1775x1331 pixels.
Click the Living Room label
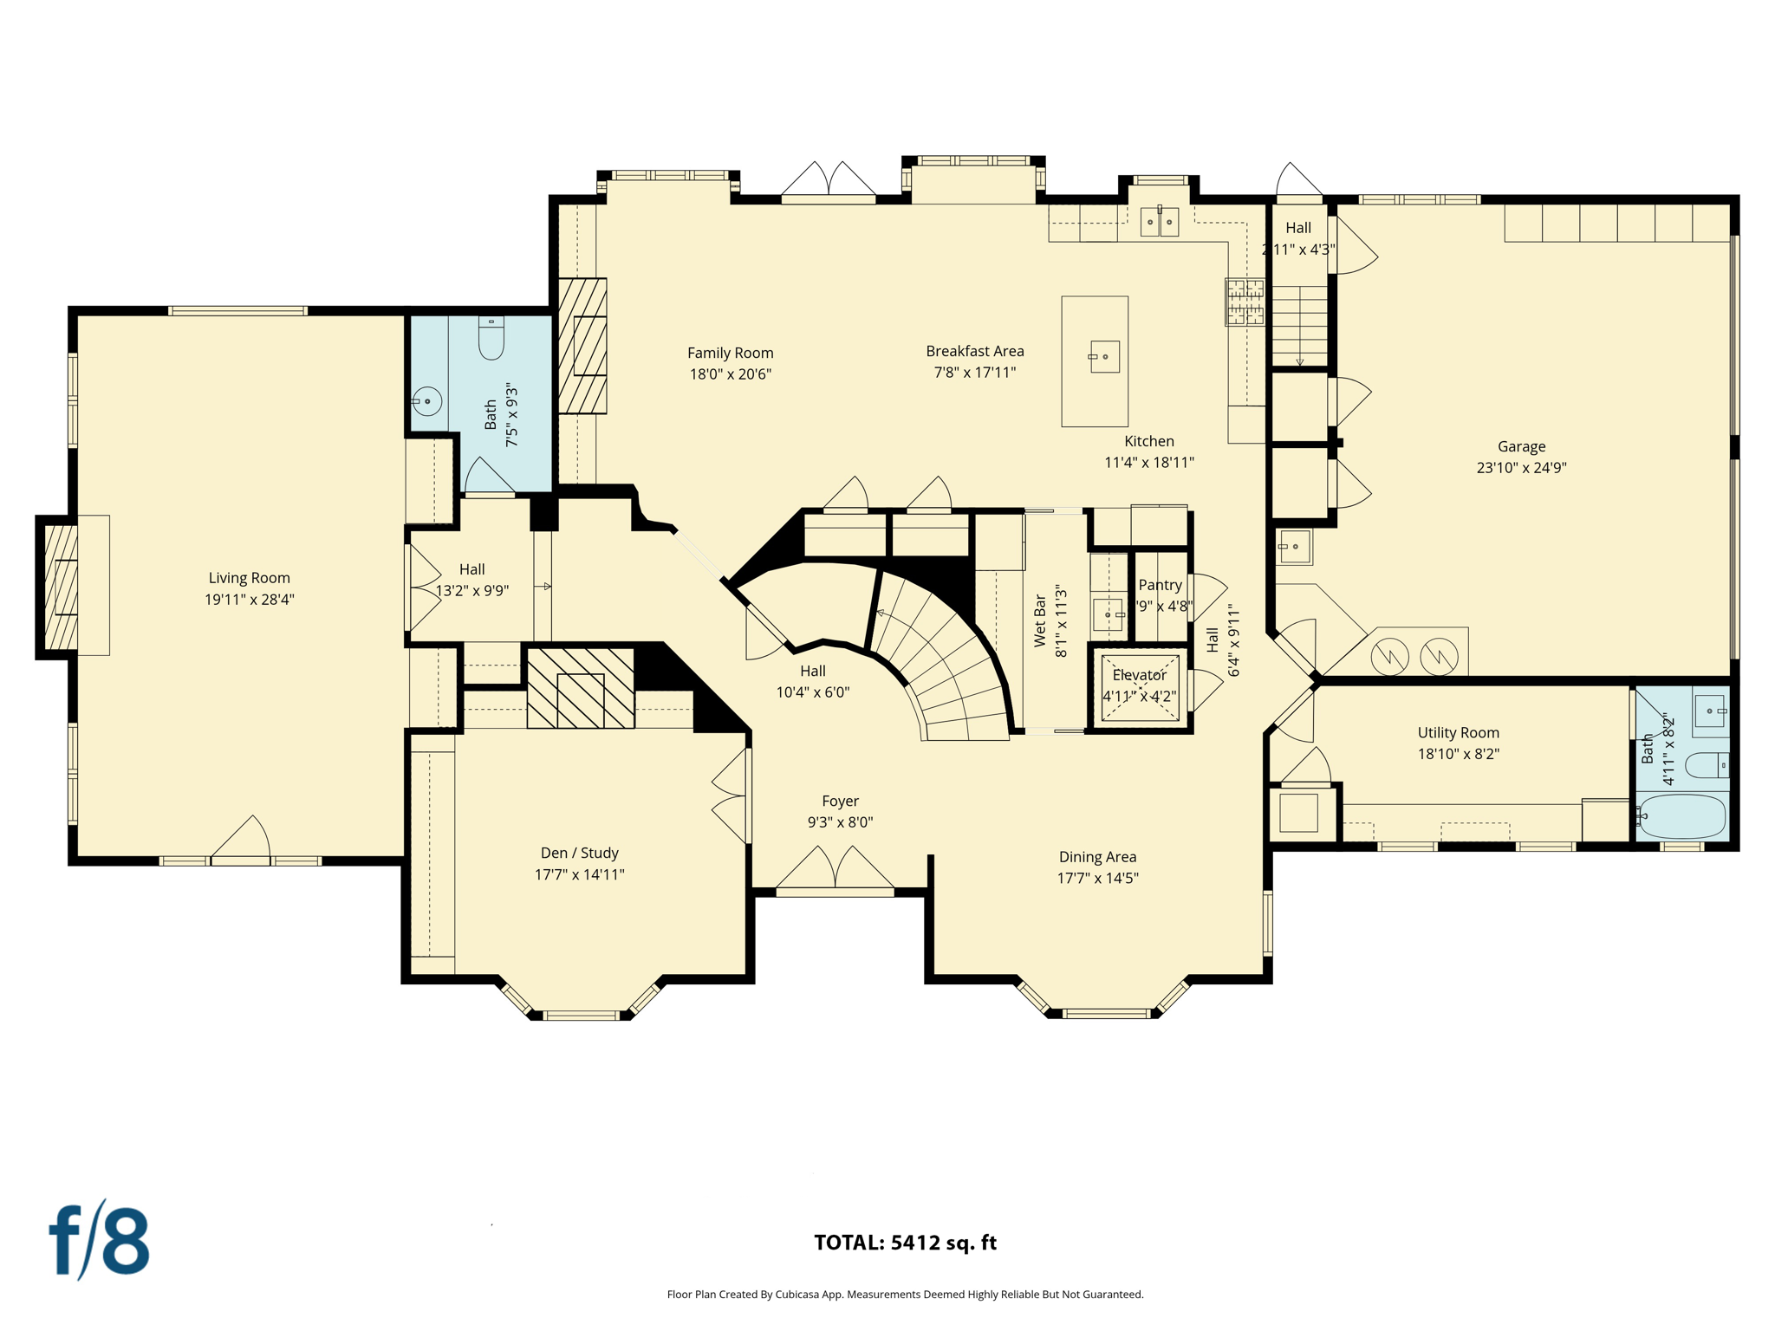(249, 578)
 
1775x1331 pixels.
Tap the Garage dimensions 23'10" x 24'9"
(1521, 468)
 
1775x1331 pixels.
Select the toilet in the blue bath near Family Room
(491, 339)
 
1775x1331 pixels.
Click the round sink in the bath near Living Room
(427, 401)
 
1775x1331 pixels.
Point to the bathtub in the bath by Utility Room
(1681, 816)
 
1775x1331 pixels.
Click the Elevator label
(1139, 675)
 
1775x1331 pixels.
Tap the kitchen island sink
(1104, 356)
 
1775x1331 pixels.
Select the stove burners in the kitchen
(1245, 302)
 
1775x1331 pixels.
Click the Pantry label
(1160, 585)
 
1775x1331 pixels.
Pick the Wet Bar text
(1040, 620)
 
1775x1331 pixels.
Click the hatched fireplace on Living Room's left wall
(61, 588)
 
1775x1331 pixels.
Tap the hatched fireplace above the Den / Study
(581, 688)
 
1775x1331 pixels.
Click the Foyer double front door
(835, 869)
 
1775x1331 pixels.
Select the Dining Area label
(1097, 857)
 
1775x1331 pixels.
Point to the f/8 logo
(100, 1240)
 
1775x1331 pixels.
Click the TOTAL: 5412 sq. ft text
(905, 1243)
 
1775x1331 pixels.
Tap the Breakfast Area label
(974, 351)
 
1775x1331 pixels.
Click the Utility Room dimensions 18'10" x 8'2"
(1458, 754)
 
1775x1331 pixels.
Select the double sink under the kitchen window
(1159, 222)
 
